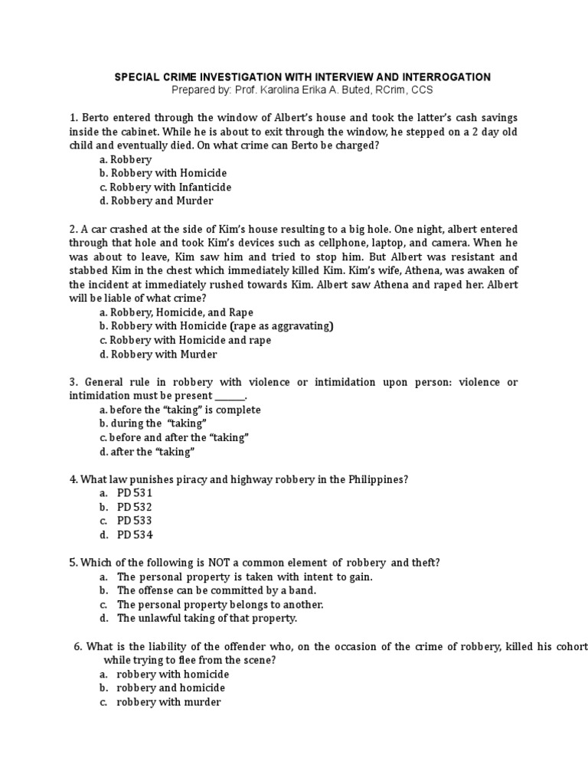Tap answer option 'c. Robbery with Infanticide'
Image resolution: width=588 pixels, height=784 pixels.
(165, 187)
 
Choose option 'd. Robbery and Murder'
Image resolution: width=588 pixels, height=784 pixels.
(156, 201)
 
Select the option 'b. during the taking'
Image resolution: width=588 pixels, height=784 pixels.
(153, 423)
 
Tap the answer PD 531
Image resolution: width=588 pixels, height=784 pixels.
(135, 493)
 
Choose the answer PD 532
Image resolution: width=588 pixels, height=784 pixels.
(135, 507)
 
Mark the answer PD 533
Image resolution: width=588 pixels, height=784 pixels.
(135, 521)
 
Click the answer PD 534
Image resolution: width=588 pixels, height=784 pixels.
(135, 534)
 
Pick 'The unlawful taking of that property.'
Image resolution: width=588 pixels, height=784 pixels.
(207, 618)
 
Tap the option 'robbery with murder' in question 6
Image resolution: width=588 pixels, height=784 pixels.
(168, 701)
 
